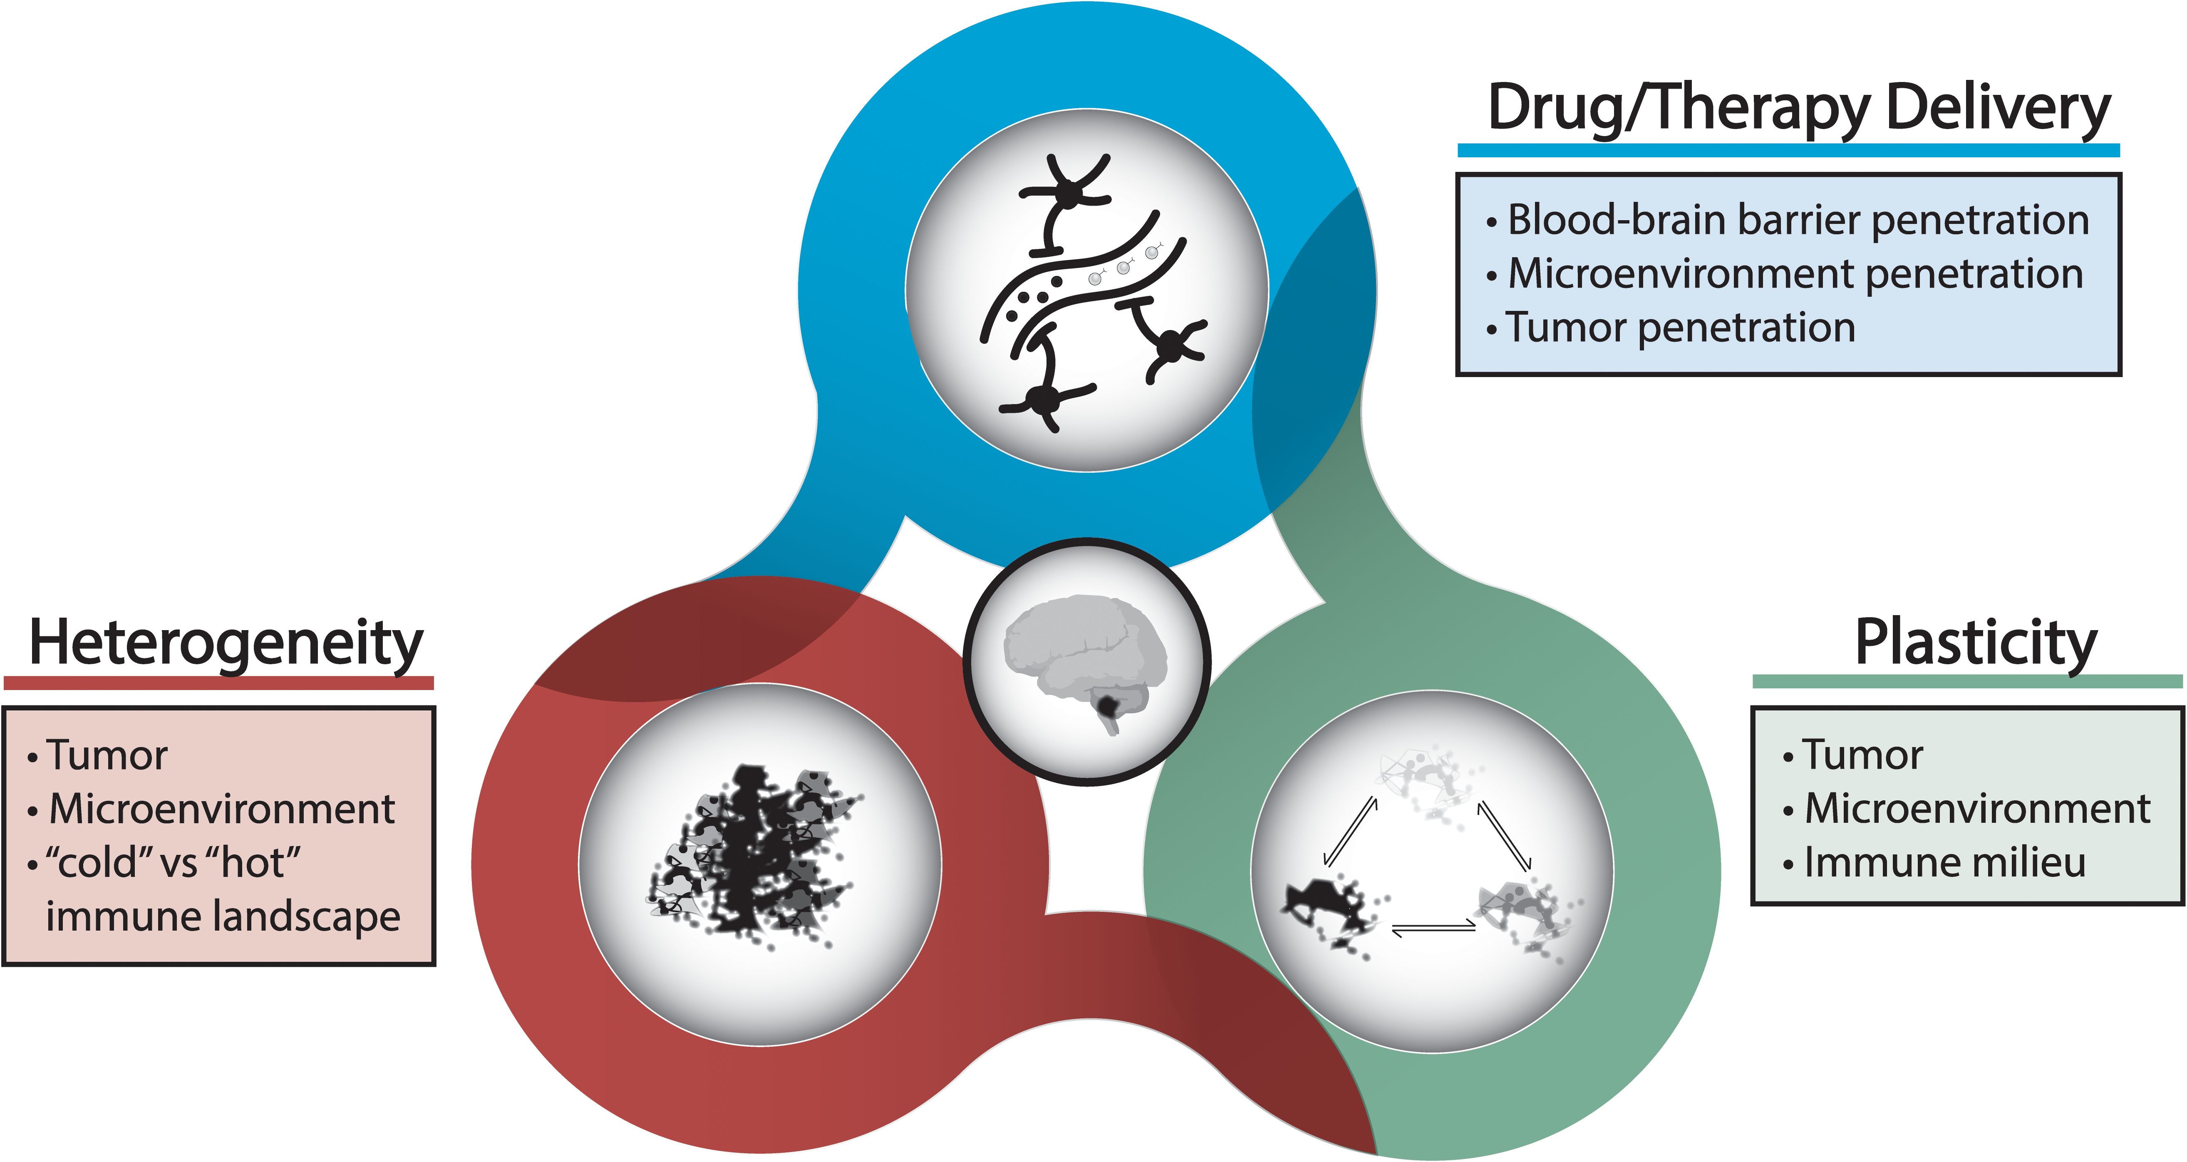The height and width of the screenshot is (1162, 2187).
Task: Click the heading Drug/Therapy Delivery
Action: [x=1798, y=109]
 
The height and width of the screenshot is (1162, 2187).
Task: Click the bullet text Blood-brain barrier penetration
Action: [x=1797, y=220]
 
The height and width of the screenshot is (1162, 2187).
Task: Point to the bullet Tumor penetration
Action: [x=1679, y=328]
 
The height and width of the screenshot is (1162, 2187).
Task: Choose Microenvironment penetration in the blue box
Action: [x=1795, y=273]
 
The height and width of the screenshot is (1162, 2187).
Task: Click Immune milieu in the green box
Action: [x=1944, y=862]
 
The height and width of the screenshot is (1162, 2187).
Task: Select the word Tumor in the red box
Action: [x=107, y=755]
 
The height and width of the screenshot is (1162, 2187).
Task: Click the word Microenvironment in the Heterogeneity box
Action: [x=222, y=809]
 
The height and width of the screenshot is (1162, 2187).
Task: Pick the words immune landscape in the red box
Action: [x=223, y=916]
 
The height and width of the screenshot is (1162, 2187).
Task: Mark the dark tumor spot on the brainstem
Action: [x=1108, y=704]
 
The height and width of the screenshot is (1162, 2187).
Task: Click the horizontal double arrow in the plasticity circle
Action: [x=1433, y=929]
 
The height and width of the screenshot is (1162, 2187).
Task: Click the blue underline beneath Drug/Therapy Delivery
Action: [x=1788, y=150]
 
